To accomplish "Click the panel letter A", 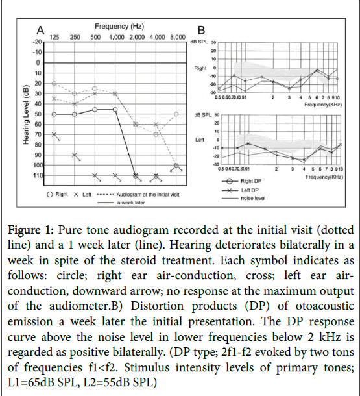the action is (x=40, y=31).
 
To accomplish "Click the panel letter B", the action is (x=201, y=31).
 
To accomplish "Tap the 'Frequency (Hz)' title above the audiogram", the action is (x=119, y=26).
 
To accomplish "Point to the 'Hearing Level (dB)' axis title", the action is (x=26, y=115).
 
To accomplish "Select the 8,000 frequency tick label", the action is (x=178, y=37).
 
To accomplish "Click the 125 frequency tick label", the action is (x=54, y=37).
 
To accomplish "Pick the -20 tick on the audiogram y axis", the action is (x=37, y=42).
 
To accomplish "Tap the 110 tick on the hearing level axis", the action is (x=38, y=175).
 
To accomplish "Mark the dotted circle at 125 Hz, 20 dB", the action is (x=54, y=83).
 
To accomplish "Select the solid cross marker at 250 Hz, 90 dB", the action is (x=75, y=155).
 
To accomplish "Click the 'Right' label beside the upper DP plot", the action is (x=200, y=68).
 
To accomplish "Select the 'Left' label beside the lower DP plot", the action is (x=200, y=140).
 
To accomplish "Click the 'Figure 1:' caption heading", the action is (x=30, y=230).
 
